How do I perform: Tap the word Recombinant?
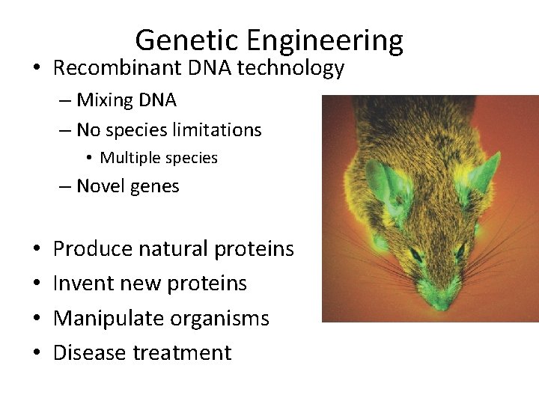pyautogui.click(x=113, y=69)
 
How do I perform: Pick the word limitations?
pyautogui.click(x=218, y=130)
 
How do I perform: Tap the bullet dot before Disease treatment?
pyautogui.click(x=37, y=352)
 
